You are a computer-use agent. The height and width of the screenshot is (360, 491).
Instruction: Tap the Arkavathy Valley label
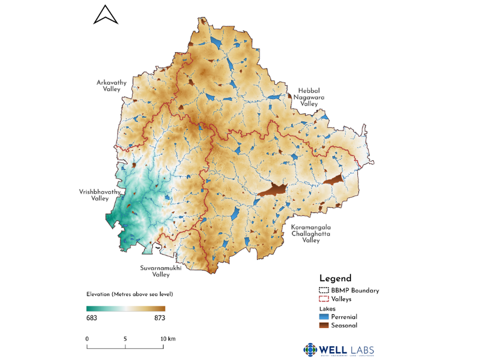(x=111, y=86)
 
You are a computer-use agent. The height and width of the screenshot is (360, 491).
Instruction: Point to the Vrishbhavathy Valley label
(x=94, y=195)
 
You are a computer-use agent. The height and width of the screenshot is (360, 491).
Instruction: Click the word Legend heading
(x=335, y=278)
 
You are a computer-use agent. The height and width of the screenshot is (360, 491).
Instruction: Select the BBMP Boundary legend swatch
(x=324, y=290)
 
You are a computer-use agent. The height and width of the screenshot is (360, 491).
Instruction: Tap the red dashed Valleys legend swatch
(x=324, y=299)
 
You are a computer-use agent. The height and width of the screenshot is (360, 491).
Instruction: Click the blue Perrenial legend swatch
(x=324, y=317)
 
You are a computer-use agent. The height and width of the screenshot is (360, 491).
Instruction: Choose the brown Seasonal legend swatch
(x=324, y=325)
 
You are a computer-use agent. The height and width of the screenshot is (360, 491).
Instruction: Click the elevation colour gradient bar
(x=126, y=308)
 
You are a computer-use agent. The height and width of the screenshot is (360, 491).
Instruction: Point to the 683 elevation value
(x=91, y=318)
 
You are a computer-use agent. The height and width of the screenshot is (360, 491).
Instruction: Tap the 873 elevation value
(x=160, y=318)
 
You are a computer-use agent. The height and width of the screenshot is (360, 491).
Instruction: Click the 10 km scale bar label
(x=167, y=339)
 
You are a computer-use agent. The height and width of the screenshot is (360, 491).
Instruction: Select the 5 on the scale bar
(x=125, y=339)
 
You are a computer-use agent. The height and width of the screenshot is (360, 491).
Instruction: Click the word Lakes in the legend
(x=327, y=308)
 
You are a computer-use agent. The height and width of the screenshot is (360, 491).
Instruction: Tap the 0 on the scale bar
(x=87, y=339)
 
